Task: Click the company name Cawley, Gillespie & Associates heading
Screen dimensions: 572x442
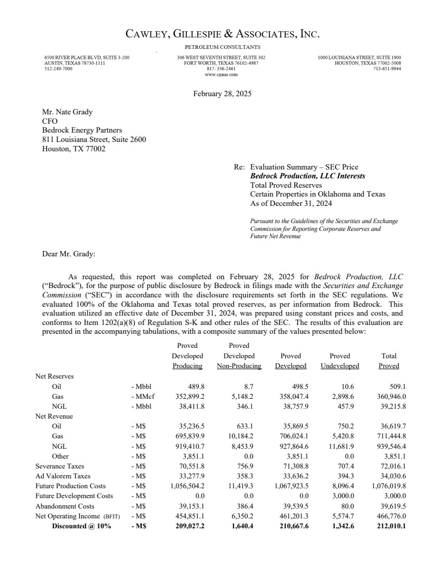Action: [222, 35]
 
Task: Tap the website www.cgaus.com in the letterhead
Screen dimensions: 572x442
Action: [221, 74]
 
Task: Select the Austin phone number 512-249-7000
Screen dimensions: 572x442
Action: [58, 69]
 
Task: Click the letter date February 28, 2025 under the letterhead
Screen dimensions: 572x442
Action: [222, 94]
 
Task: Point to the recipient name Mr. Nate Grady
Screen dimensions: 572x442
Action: [67, 112]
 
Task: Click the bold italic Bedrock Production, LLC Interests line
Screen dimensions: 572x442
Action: [308, 176]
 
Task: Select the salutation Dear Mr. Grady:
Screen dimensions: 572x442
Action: [69, 254]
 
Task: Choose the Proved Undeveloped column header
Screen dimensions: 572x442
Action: [339, 361]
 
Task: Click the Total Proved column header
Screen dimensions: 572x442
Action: [388, 361]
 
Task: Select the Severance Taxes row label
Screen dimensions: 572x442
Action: [59, 466]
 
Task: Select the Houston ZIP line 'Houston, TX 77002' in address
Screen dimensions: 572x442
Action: [73, 149]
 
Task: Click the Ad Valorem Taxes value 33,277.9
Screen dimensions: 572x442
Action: [191, 476]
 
